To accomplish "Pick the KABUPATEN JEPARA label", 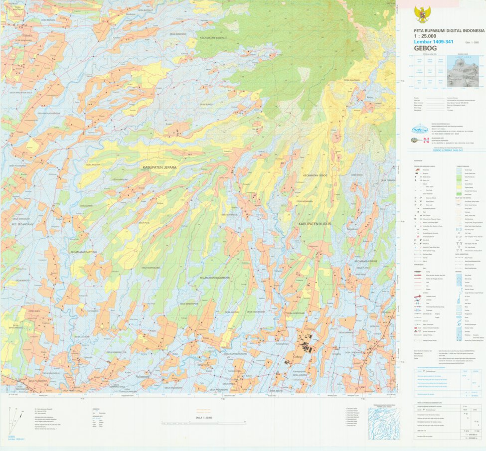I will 160,167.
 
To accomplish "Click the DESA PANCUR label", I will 93,164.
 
